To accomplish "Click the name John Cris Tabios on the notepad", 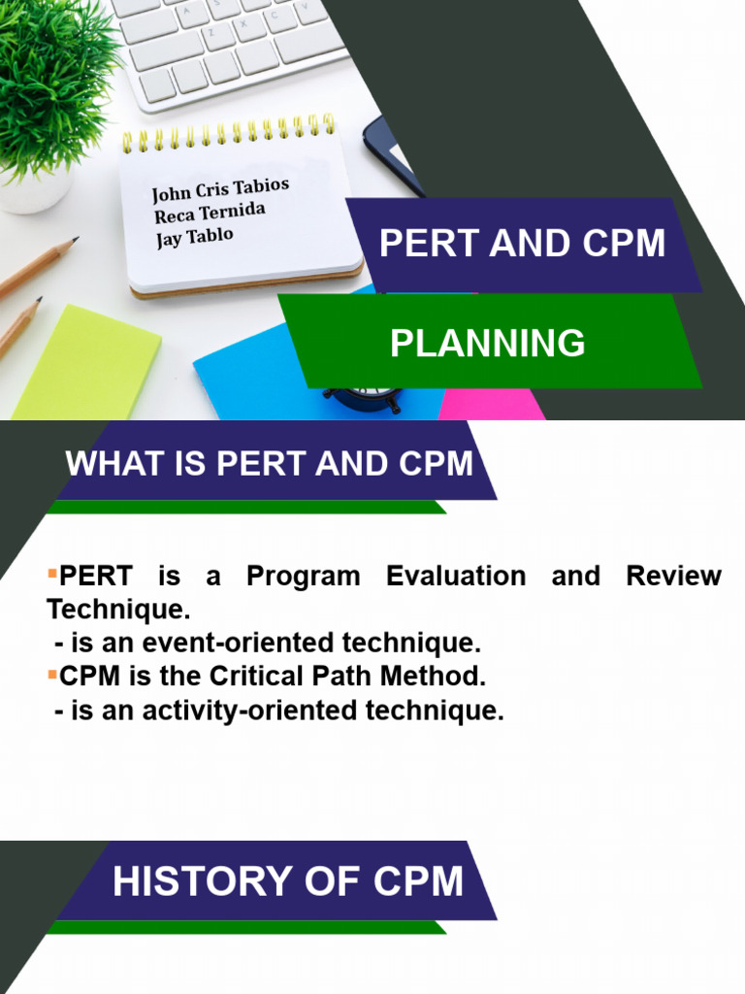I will [220, 188].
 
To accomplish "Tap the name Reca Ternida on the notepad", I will [210, 213].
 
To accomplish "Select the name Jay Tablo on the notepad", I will [195, 238].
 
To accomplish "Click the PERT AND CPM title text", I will [522, 243].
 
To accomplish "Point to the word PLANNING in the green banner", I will [487, 343].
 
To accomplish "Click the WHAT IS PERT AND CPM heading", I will [270, 463].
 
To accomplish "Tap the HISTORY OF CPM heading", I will [288, 881].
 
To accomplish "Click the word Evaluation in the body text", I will [456, 576].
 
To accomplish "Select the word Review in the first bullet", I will [673, 576].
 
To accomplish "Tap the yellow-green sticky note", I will [87, 364].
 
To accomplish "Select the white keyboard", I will [233, 44].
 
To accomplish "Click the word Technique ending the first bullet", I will [116, 610].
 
